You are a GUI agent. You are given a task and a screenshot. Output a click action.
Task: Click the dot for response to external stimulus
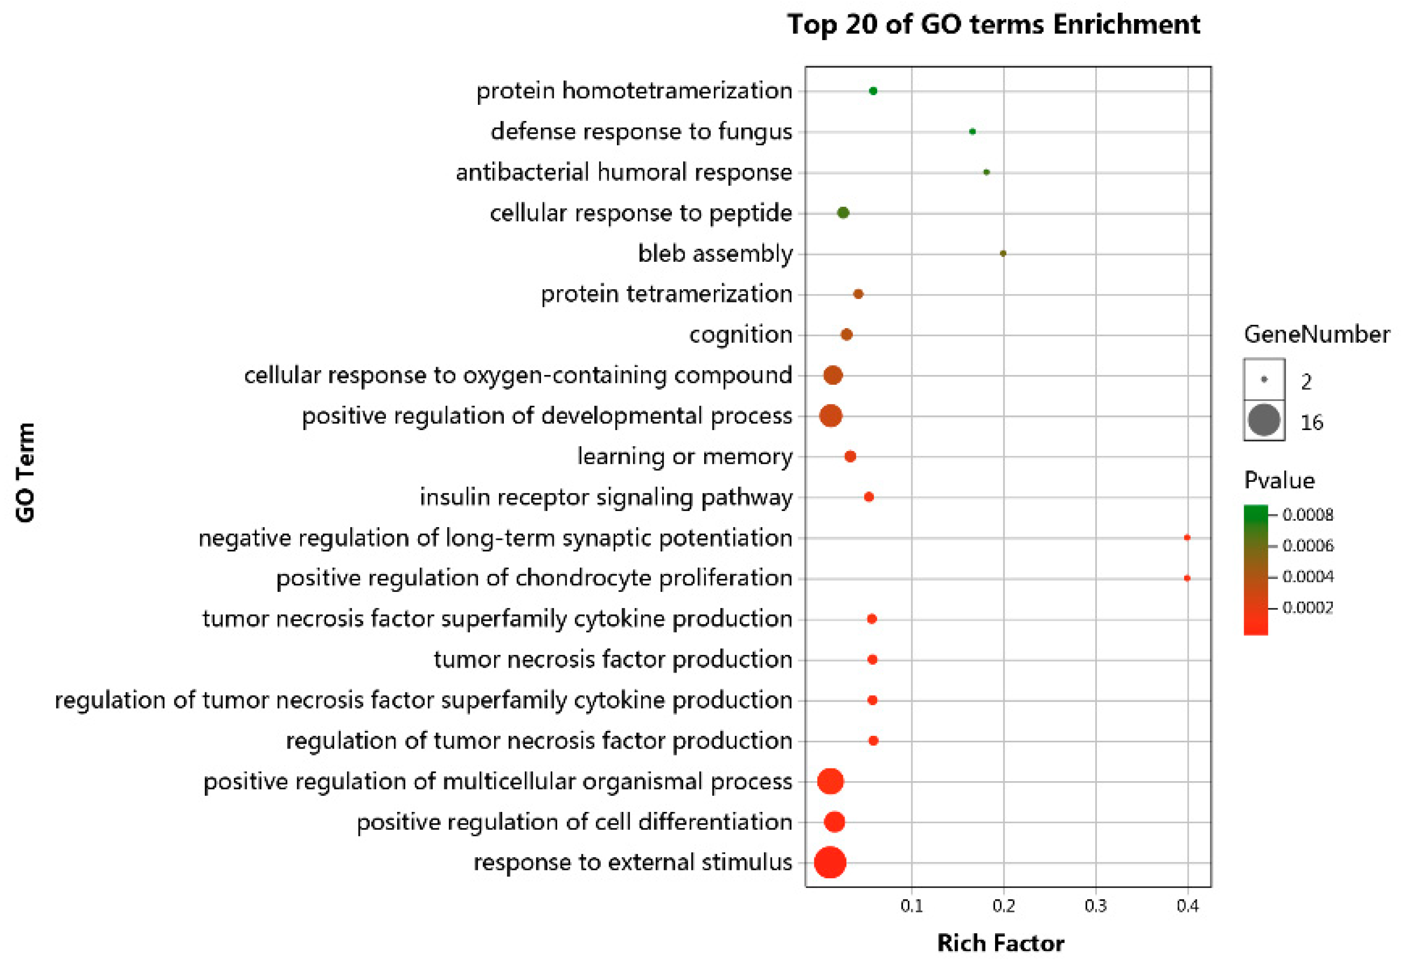tap(829, 862)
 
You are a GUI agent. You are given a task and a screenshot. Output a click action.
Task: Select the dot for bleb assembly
tap(1002, 254)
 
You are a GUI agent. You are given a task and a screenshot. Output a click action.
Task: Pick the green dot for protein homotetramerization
tap(872, 91)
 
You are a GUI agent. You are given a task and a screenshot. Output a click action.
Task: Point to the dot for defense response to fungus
tap(972, 131)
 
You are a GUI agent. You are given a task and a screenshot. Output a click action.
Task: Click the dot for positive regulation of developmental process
tap(830, 416)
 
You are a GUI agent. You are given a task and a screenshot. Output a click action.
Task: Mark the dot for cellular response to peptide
tap(843, 213)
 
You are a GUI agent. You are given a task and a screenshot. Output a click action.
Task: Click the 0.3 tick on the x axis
tap(1095, 906)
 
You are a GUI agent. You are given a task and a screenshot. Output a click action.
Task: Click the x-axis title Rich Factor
tap(1000, 943)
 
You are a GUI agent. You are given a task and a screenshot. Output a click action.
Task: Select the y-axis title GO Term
tap(25, 472)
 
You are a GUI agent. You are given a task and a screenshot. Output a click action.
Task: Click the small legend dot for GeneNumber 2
tap(1264, 379)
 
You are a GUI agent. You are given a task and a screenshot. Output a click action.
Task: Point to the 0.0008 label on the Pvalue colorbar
tap(1307, 514)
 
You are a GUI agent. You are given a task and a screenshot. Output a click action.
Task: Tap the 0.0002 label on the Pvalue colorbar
tap(1307, 607)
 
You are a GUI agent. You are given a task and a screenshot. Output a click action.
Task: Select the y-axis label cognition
tap(740, 334)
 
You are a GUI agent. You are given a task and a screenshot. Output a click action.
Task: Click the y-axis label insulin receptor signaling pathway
tap(606, 497)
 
